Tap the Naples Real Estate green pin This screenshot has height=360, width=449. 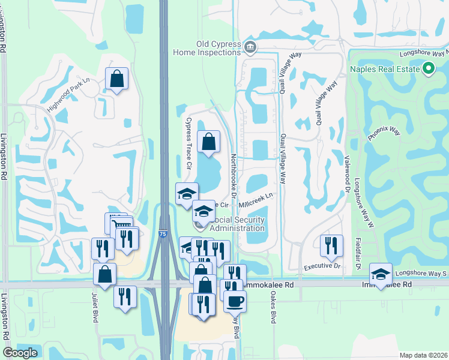(x=428, y=70)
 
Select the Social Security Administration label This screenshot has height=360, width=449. (x=235, y=224)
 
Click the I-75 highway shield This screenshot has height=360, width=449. (x=163, y=235)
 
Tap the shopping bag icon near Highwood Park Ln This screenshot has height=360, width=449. (x=116, y=79)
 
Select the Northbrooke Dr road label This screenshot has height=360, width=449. (x=235, y=175)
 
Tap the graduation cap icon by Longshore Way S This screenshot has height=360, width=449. (x=381, y=275)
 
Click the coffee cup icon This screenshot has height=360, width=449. (x=235, y=301)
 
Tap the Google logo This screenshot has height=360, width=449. (x=20, y=353)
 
